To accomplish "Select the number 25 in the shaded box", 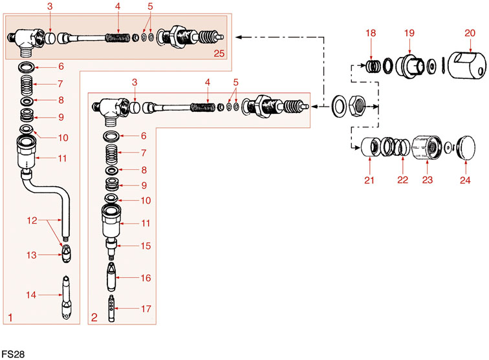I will (219, 53).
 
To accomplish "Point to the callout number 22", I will (402, 180).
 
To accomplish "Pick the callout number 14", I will (30, 295).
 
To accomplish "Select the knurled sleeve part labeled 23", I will (427, 149).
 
